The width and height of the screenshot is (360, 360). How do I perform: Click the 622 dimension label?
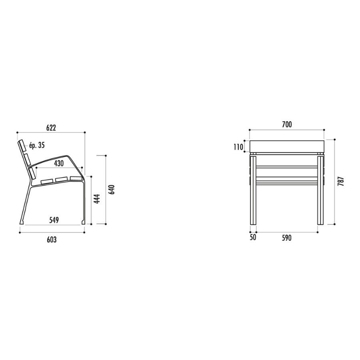point(51,128)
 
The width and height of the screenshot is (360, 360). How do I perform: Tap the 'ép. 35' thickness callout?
point(37,145)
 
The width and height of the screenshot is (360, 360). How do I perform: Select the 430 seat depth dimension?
point(59,163)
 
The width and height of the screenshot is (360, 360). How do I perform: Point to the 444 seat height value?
point(97,199)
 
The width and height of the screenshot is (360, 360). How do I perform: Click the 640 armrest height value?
point(112,190)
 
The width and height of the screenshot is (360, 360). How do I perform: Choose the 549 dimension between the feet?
point(54,220)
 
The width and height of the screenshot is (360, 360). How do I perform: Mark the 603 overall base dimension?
point(52,240)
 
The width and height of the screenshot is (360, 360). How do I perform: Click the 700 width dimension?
point(287,124)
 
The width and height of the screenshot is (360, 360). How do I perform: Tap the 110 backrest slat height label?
point(238,147)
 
